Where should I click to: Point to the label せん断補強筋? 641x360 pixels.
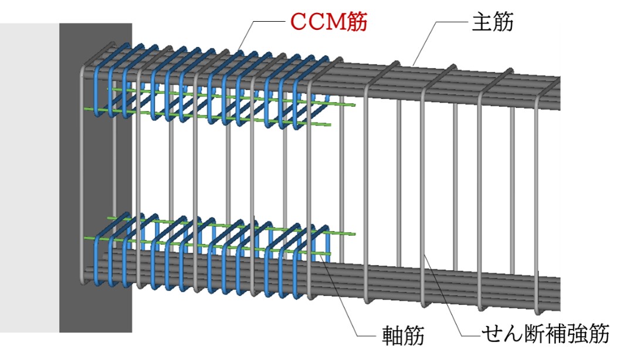click(x=545, y=335)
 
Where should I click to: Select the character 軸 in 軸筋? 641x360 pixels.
click(x=391, y=337)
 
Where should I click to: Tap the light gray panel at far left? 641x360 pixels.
click(x=29, y=176)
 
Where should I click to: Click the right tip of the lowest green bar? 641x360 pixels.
click(x=330, y=254)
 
